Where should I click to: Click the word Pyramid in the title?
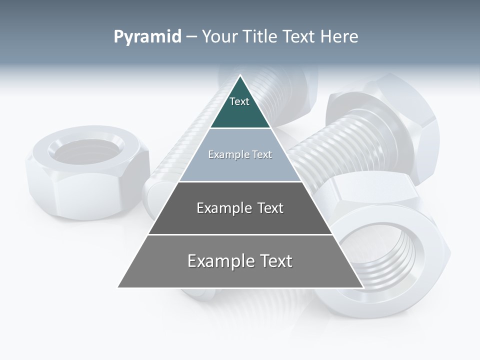[147, 37]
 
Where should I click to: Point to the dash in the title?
[190, 37]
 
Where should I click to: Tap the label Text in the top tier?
[239, 101]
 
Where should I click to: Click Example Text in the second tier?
[240, 154]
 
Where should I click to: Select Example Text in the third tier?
[240, 208]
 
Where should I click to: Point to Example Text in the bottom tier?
[240, 261]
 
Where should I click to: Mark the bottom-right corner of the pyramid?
[362, 287]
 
